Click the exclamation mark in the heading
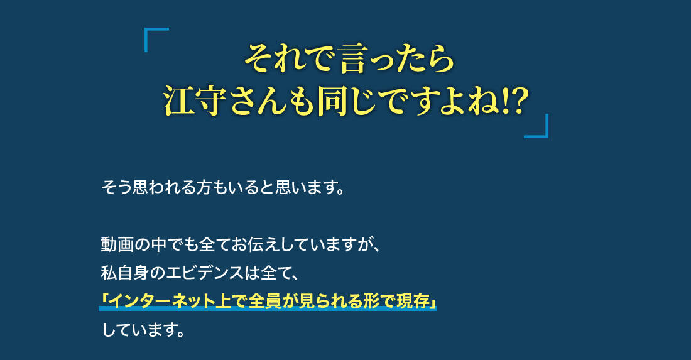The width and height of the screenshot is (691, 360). [x=504, y=101]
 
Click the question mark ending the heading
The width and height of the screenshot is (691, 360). [x=519, y=101]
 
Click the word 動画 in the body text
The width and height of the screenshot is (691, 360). [x=117, y=244]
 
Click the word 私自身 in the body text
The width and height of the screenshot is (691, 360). [x=125, y=273]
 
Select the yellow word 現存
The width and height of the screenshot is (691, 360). [x=414, y=302]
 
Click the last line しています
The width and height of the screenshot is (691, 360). [x=143, y=330]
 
